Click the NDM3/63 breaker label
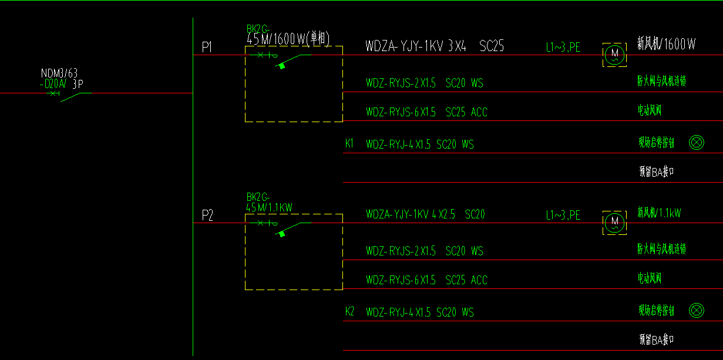[59, 73]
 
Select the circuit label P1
[207, 48]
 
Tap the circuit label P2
[207, 216]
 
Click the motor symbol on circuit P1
[615, 55]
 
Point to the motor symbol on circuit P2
[615, 222]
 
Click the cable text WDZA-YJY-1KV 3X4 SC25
[435, 46]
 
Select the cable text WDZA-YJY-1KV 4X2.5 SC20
[425, 214]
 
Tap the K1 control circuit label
[349, 143]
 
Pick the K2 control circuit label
[349, 311]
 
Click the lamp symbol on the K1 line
[696, 142]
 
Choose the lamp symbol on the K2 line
[696, 310]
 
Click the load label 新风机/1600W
[667, 43]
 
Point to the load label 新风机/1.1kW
[659, 213]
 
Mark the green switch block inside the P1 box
[282, 66]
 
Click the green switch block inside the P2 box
[282, 234]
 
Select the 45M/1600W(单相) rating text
[288, 39]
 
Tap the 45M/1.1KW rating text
[269, 207]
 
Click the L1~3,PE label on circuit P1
[563, 48]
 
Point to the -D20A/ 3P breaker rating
[61, 84]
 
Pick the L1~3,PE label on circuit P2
[563, 216]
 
